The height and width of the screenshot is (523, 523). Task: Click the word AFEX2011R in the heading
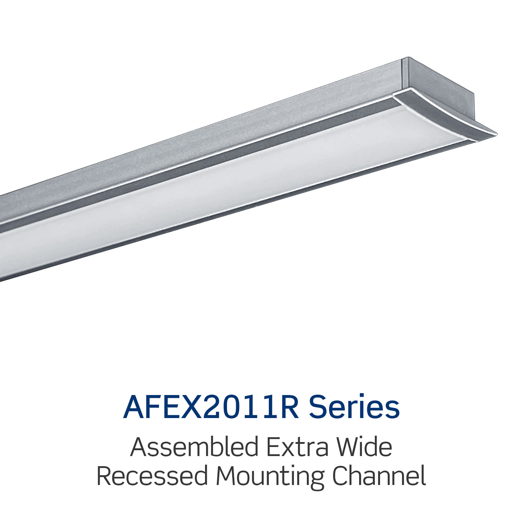coord(211,407)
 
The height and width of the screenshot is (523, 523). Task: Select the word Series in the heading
coord(354,407)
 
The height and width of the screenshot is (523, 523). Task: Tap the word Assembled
coord(194,447)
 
